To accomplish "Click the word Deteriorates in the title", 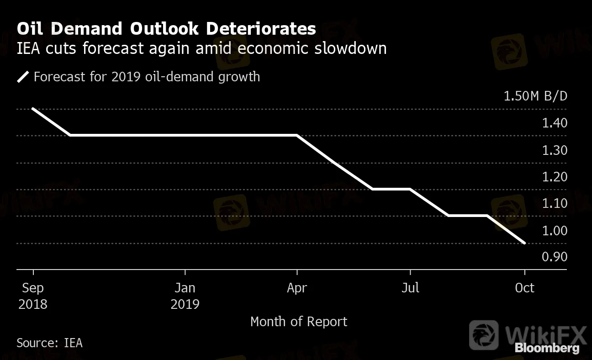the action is (261, 28).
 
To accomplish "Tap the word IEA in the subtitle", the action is (28, 48).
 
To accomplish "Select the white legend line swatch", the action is (23, 77).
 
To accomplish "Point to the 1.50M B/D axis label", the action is (535, 96).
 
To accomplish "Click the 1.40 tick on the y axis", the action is (555, 123).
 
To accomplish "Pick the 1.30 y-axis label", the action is (555, 150).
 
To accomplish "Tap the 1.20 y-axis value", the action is (555, 177).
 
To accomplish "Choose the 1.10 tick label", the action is (555, 203).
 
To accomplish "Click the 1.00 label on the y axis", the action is (555, 231).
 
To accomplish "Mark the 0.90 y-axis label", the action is (555, 257).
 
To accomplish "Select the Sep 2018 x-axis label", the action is (33, 296).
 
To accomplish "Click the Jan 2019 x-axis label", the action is (185, 296).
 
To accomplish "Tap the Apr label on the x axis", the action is (297, 288).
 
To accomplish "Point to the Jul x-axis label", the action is (410, 287).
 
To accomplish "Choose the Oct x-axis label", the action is (524, 288).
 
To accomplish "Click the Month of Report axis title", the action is (299, 322).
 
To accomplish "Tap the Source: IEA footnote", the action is (50, 343).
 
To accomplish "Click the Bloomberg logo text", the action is (547, 348).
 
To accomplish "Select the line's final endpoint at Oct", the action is (524, 243).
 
